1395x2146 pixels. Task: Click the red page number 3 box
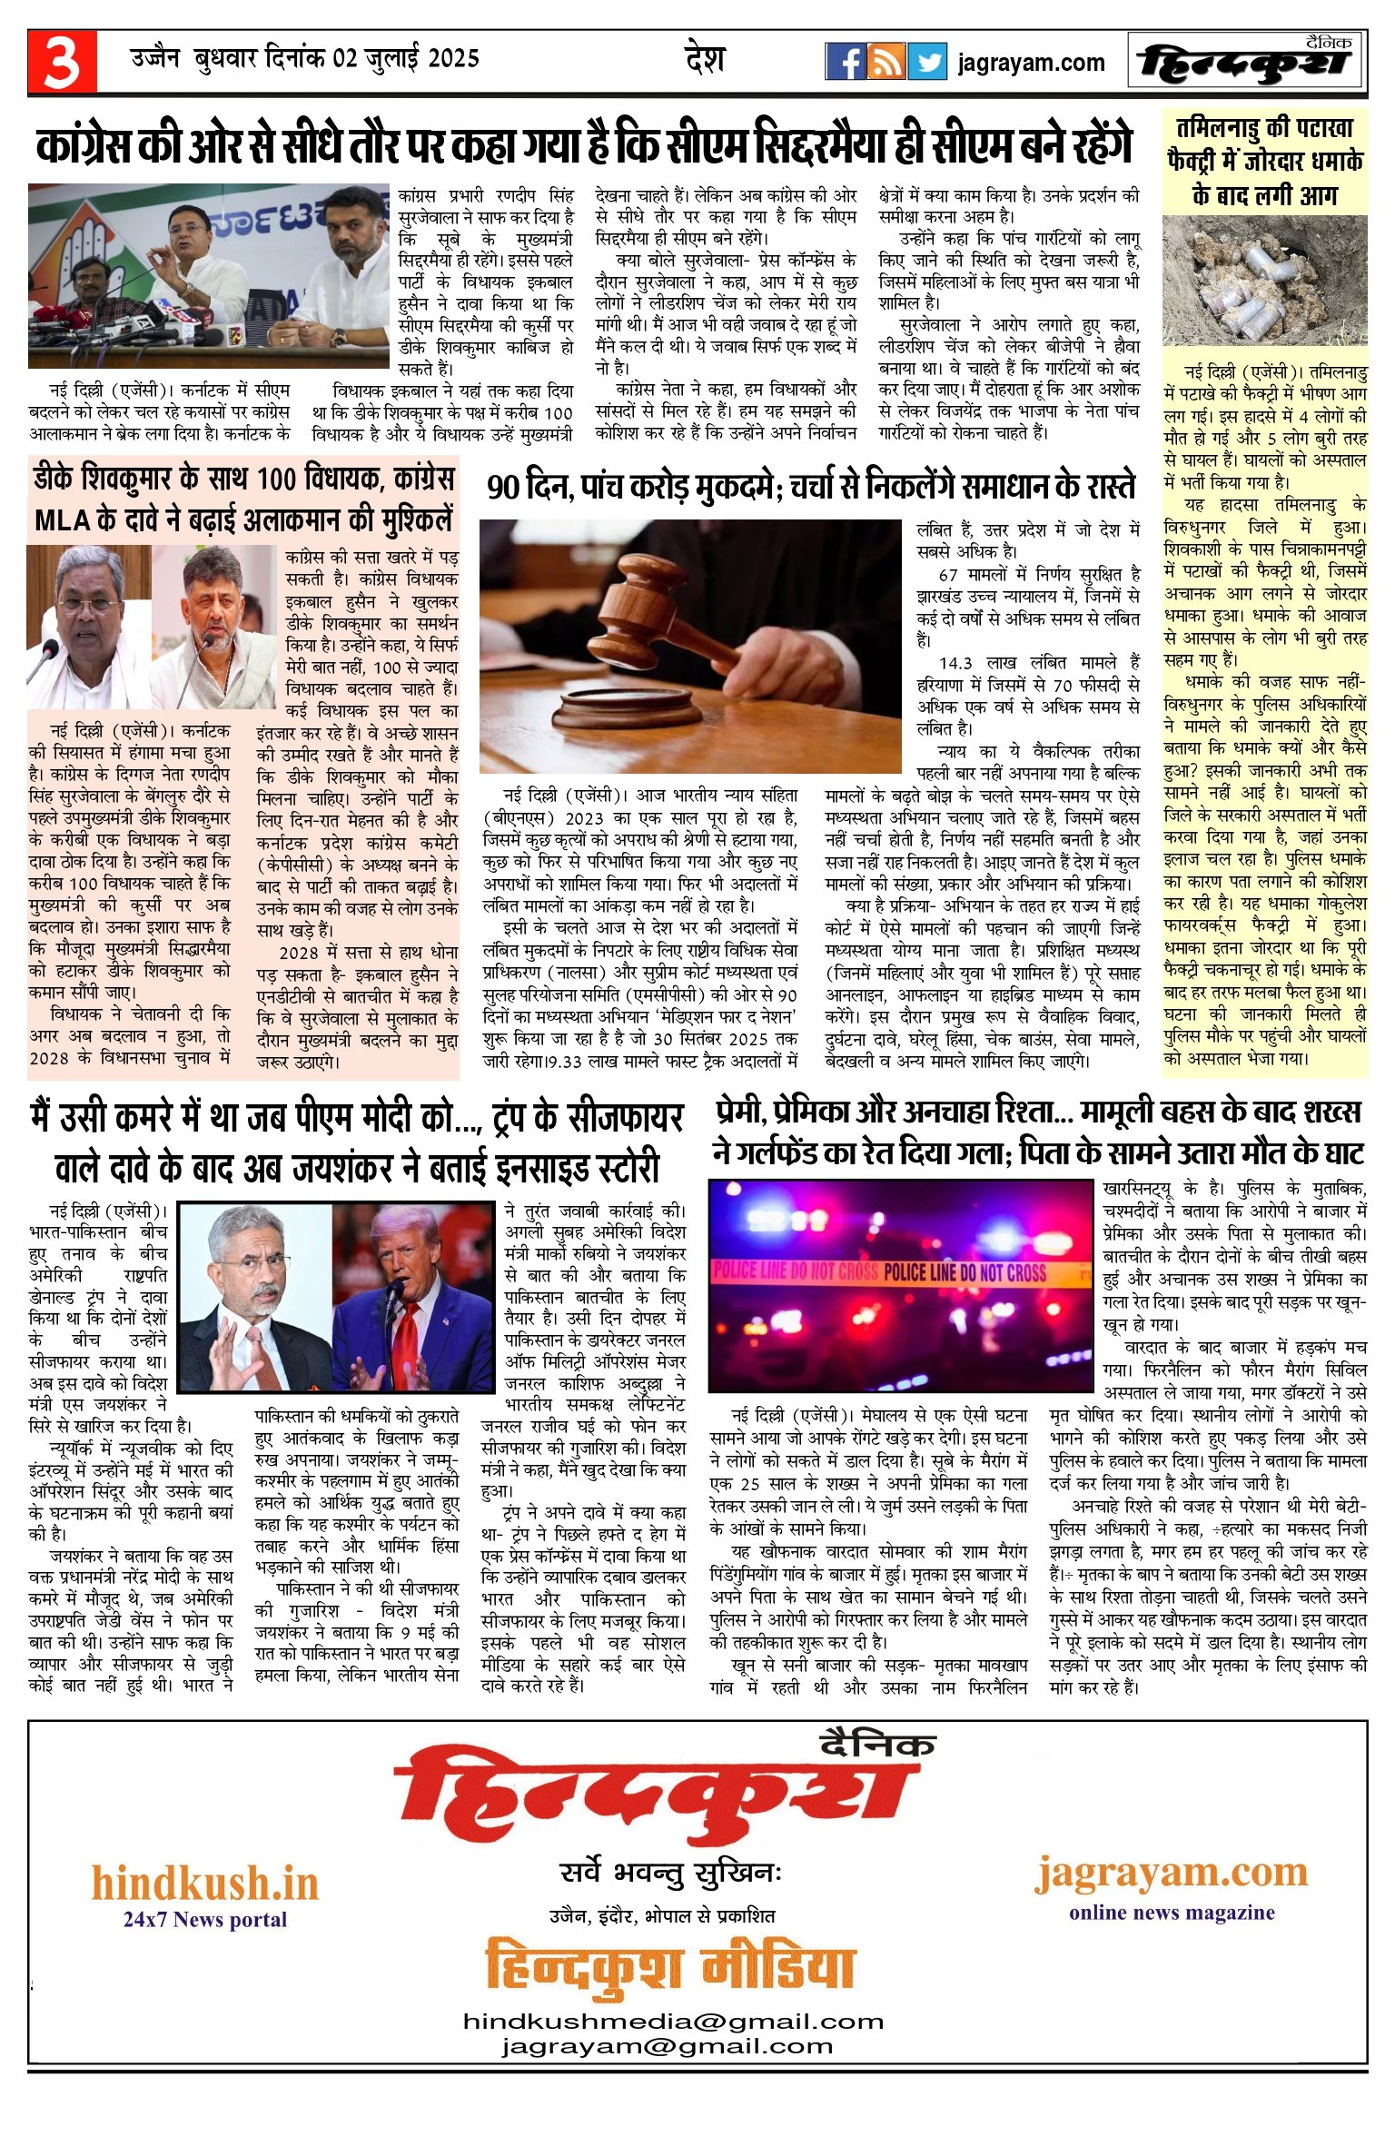click(62, 62)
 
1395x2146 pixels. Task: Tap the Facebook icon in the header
click(845, 62)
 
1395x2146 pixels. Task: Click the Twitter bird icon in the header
click(926, 62)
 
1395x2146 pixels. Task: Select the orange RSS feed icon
click(885, 62)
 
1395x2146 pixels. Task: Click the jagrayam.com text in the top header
click(1031, 63)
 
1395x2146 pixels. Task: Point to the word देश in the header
click(705, 59)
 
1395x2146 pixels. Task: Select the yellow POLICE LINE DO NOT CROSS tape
click(899, 1272)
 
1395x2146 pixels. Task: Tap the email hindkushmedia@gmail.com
click(673, 2022)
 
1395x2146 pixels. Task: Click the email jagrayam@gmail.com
click(667, 2047)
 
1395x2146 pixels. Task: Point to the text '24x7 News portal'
click(205, 1920)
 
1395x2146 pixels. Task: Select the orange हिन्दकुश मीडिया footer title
click(670, 1967)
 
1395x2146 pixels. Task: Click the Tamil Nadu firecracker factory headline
click(1265, 162)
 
